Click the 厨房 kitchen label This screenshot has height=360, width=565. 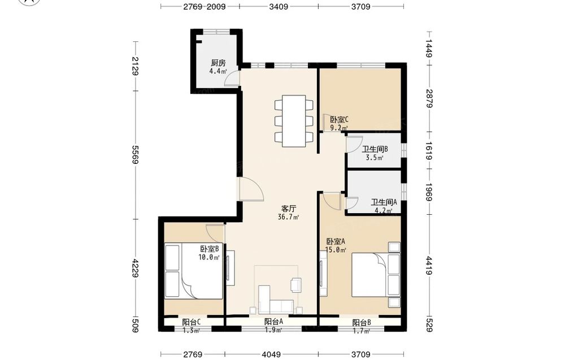pyautogui.click(x=218, y=63)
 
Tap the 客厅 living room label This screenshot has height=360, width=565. pyautogui.click(x=288, y=209)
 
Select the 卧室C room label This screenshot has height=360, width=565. pyautogui.click(x=339, y=119)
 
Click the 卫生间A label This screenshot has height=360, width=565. pyautogui.click(x=384, y=202)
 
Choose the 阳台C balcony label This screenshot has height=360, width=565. pyautogui.click(x=192, y=322)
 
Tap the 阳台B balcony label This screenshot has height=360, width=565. pyautogui.click(x=362, y=323)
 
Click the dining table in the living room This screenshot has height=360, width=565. pyautogui.click(x=294, y=121)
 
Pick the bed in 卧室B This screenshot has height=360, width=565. pyautogui.click(x=193, y=271)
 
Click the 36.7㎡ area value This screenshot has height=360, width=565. pyautogui.click(x=288, y=217)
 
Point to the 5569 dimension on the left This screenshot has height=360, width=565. pyautogui.click(x=136, y=155)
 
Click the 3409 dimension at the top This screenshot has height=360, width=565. pyautogui.click(x=279, y=6)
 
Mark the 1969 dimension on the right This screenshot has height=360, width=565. pyautogui.click(x=429, y=192)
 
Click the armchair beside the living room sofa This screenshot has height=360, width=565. pyautogui.click(x=297, y=284)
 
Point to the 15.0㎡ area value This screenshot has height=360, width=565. pyautogui.click(x=336, y=250)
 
